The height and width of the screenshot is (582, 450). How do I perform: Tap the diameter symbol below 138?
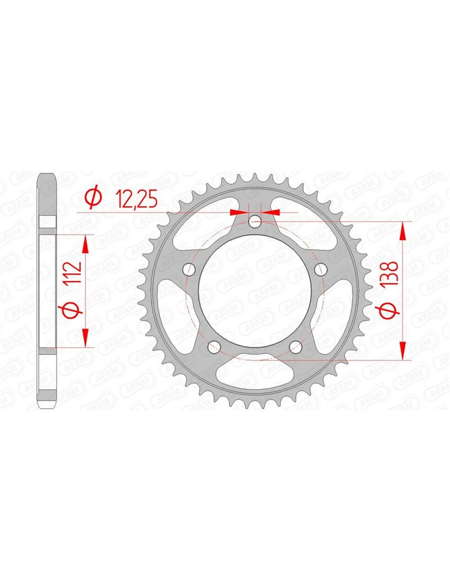pyautogui.click(x=389, y=311)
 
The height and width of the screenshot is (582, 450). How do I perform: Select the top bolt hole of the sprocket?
pyautogui.click(x=255, y=221)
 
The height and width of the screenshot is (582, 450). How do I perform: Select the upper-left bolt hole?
pyautogui.click(x=189, y=269)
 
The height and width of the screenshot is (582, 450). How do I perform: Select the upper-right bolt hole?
pyautogui.click(x=321, y=269)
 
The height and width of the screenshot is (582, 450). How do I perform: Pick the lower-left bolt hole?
pyautogui.click(x=214, y=347)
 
